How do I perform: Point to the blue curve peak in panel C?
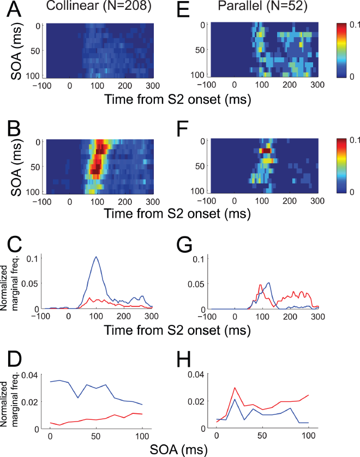(97, 257)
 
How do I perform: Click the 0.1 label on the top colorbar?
(350, 25)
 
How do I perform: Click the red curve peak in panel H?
(235, 388)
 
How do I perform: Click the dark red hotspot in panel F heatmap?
(265, 151)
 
